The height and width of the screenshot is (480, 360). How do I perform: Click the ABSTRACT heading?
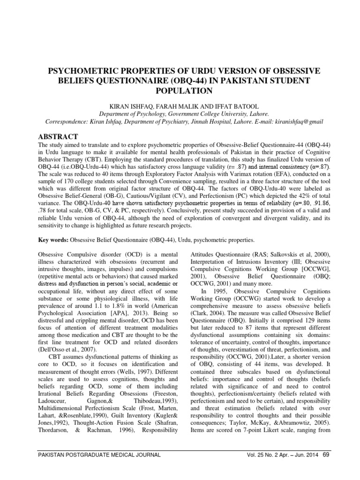click(57, 136)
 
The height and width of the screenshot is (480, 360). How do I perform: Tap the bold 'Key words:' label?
click(52, 240)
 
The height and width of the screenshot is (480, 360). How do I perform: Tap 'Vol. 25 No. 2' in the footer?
click(259, 455)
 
